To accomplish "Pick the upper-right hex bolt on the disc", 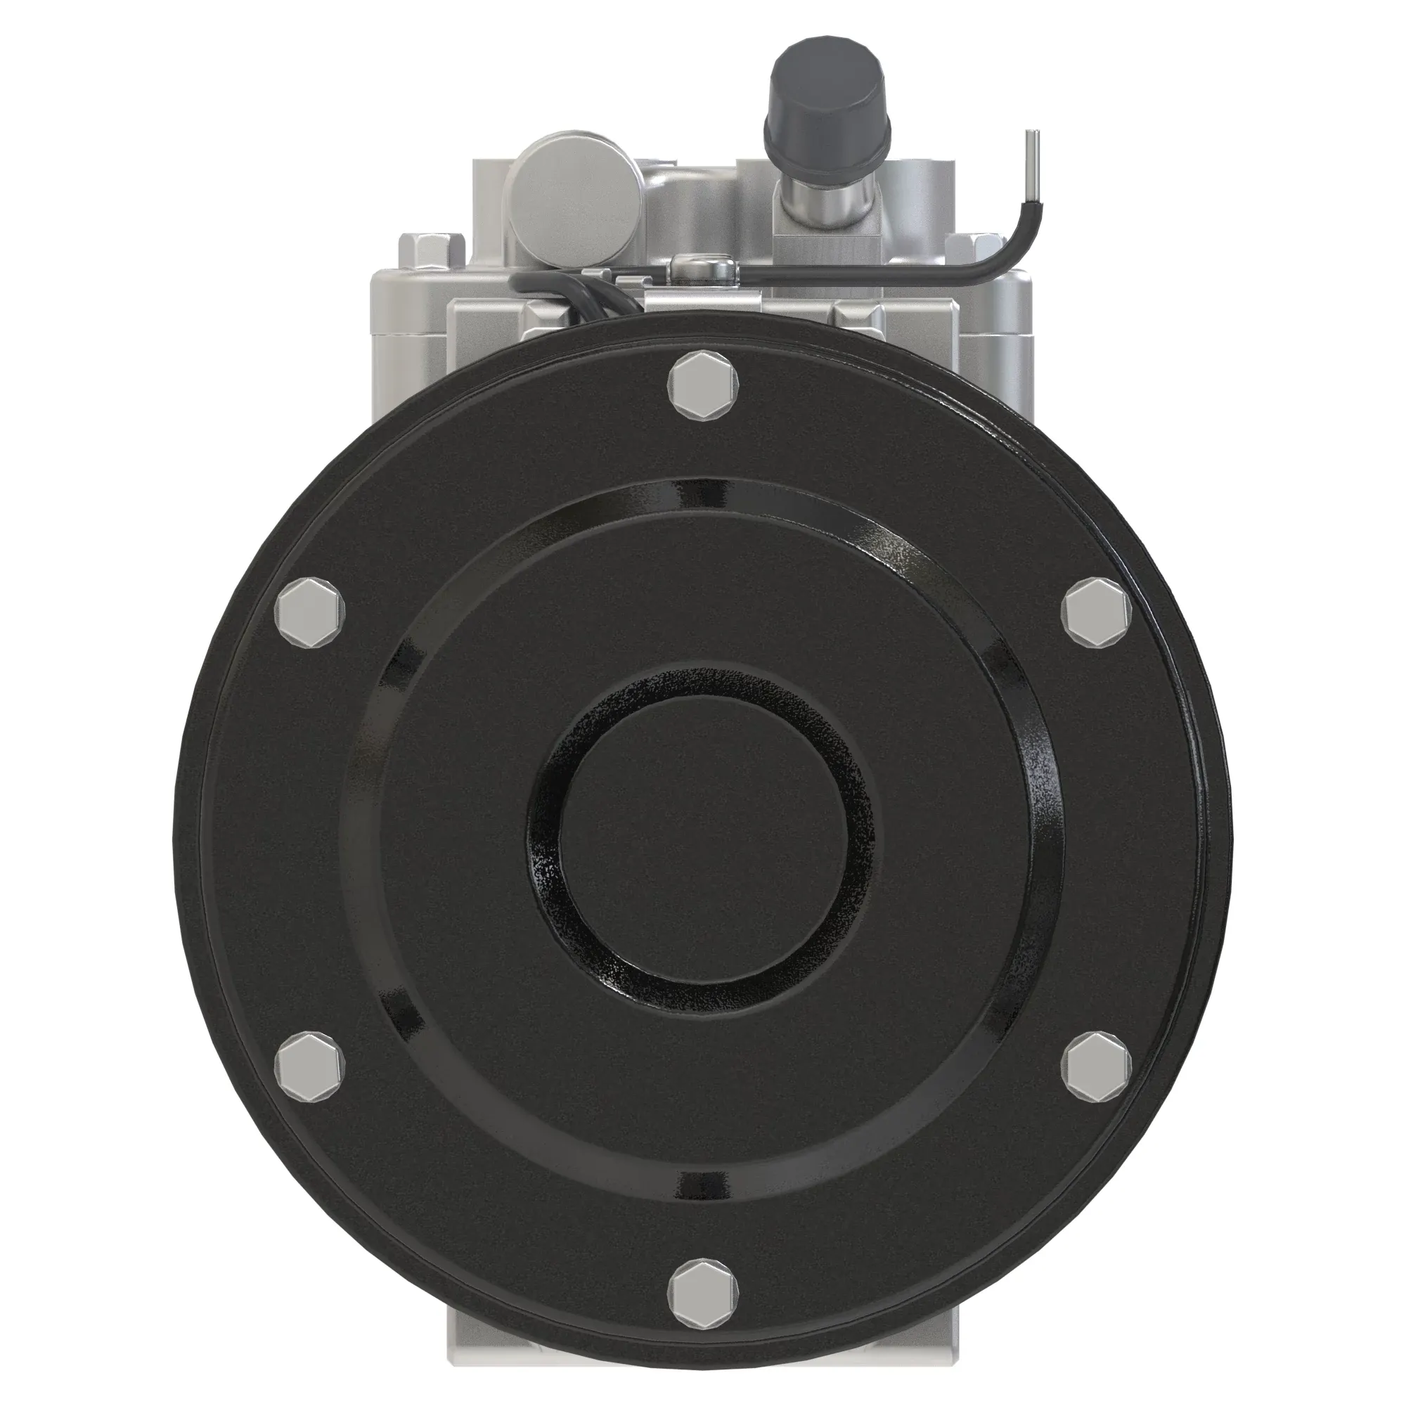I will click(x=1097, y=612).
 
